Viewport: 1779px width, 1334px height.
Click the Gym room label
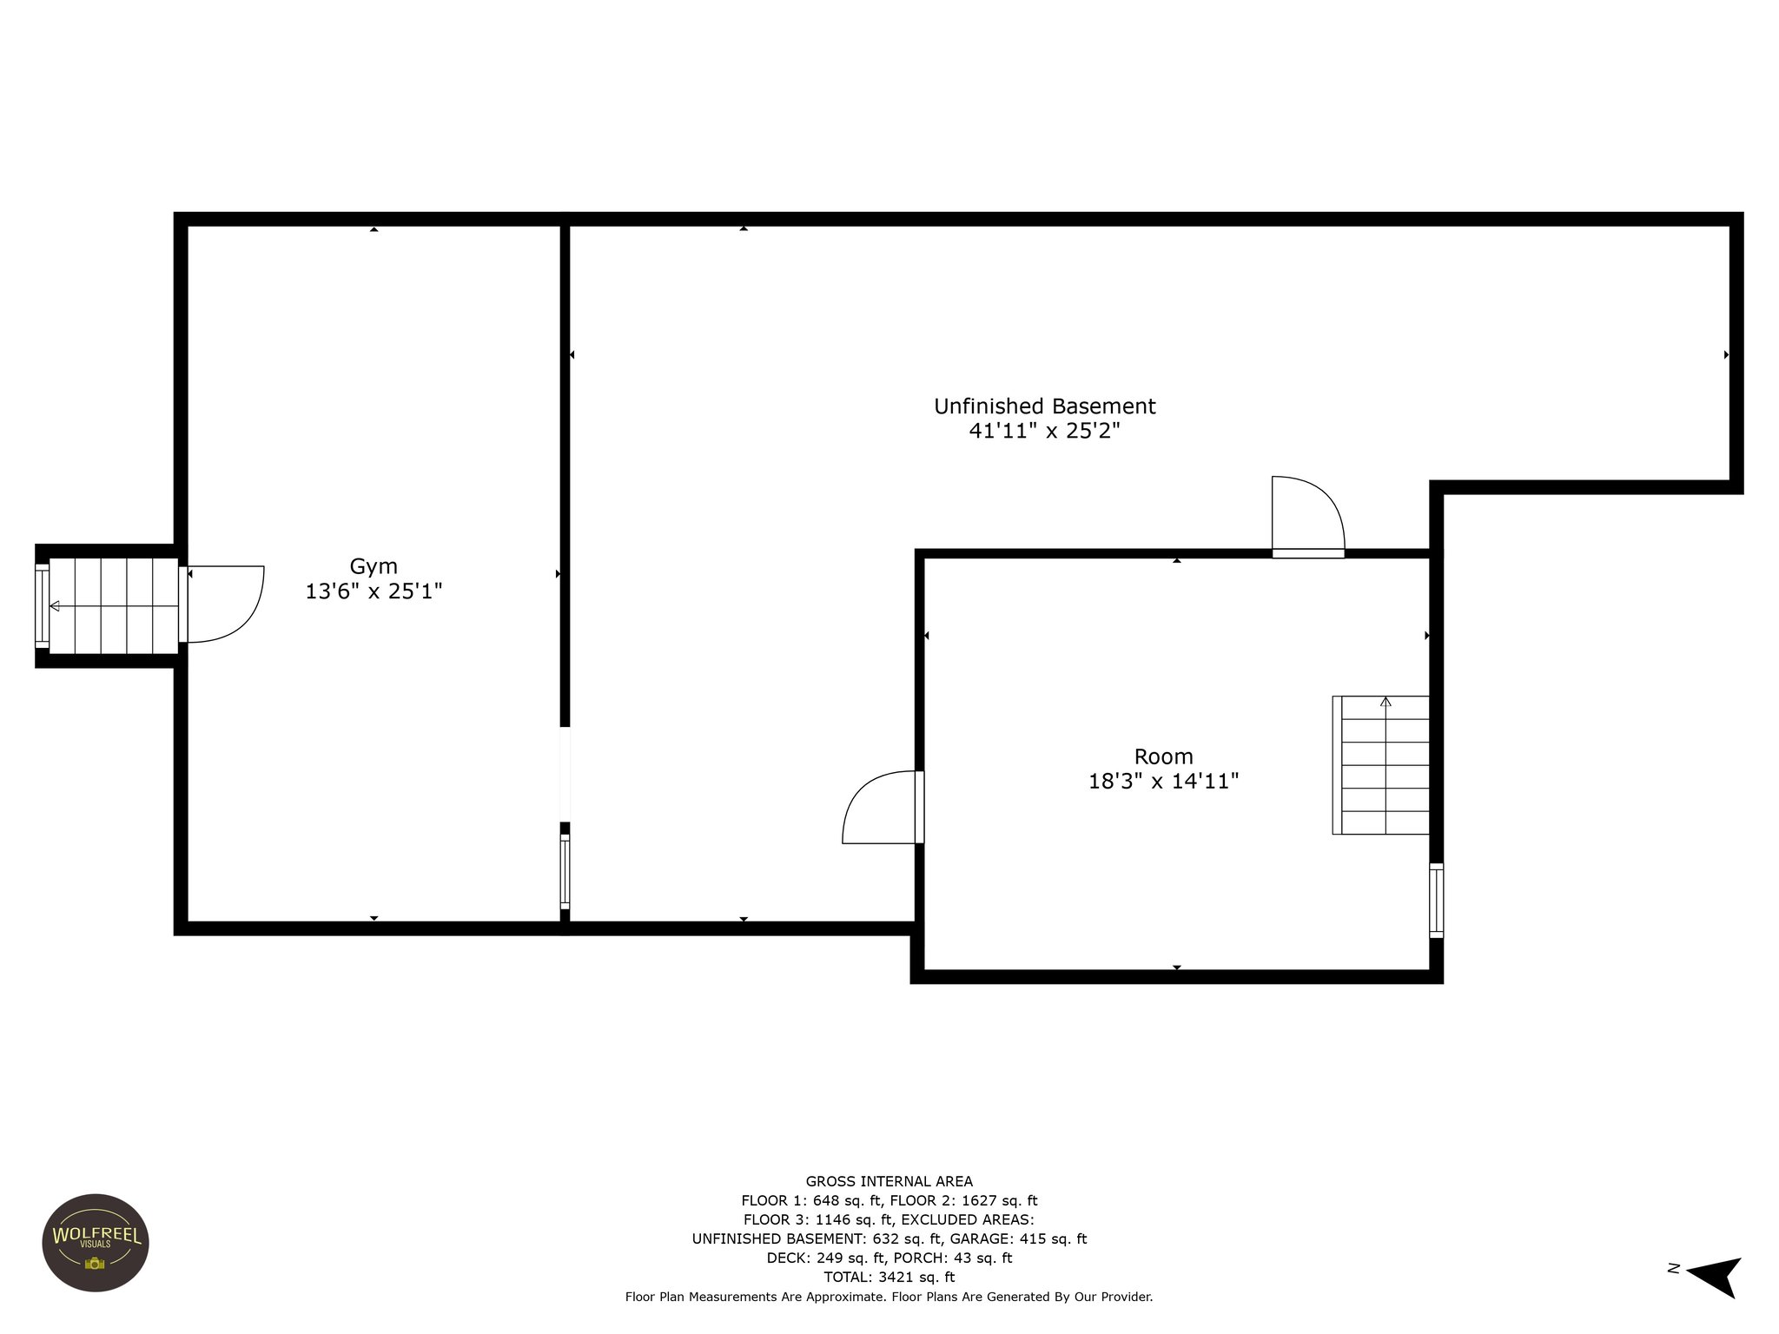click(374, 566)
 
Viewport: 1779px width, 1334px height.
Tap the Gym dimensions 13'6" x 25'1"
click(374, 591)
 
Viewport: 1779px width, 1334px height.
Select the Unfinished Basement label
click(1044, 406)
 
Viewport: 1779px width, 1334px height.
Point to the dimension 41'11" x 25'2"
click(1044, 431)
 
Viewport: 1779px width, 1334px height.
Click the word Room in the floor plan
click(1163, 756)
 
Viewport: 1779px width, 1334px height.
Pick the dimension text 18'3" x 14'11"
click(1163, 781)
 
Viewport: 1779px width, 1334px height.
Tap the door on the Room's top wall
click(1307, 517)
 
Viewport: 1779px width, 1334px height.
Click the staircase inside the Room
click(1381, 765)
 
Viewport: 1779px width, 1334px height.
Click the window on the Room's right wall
click(1436, 901)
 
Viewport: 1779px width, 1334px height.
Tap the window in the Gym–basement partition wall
click(565, 871)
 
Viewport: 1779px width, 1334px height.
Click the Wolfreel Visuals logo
click(96, 1242)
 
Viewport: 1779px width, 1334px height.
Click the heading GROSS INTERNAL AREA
click(889, 1181)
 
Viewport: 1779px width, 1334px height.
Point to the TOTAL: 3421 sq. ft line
click(889, 1277)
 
